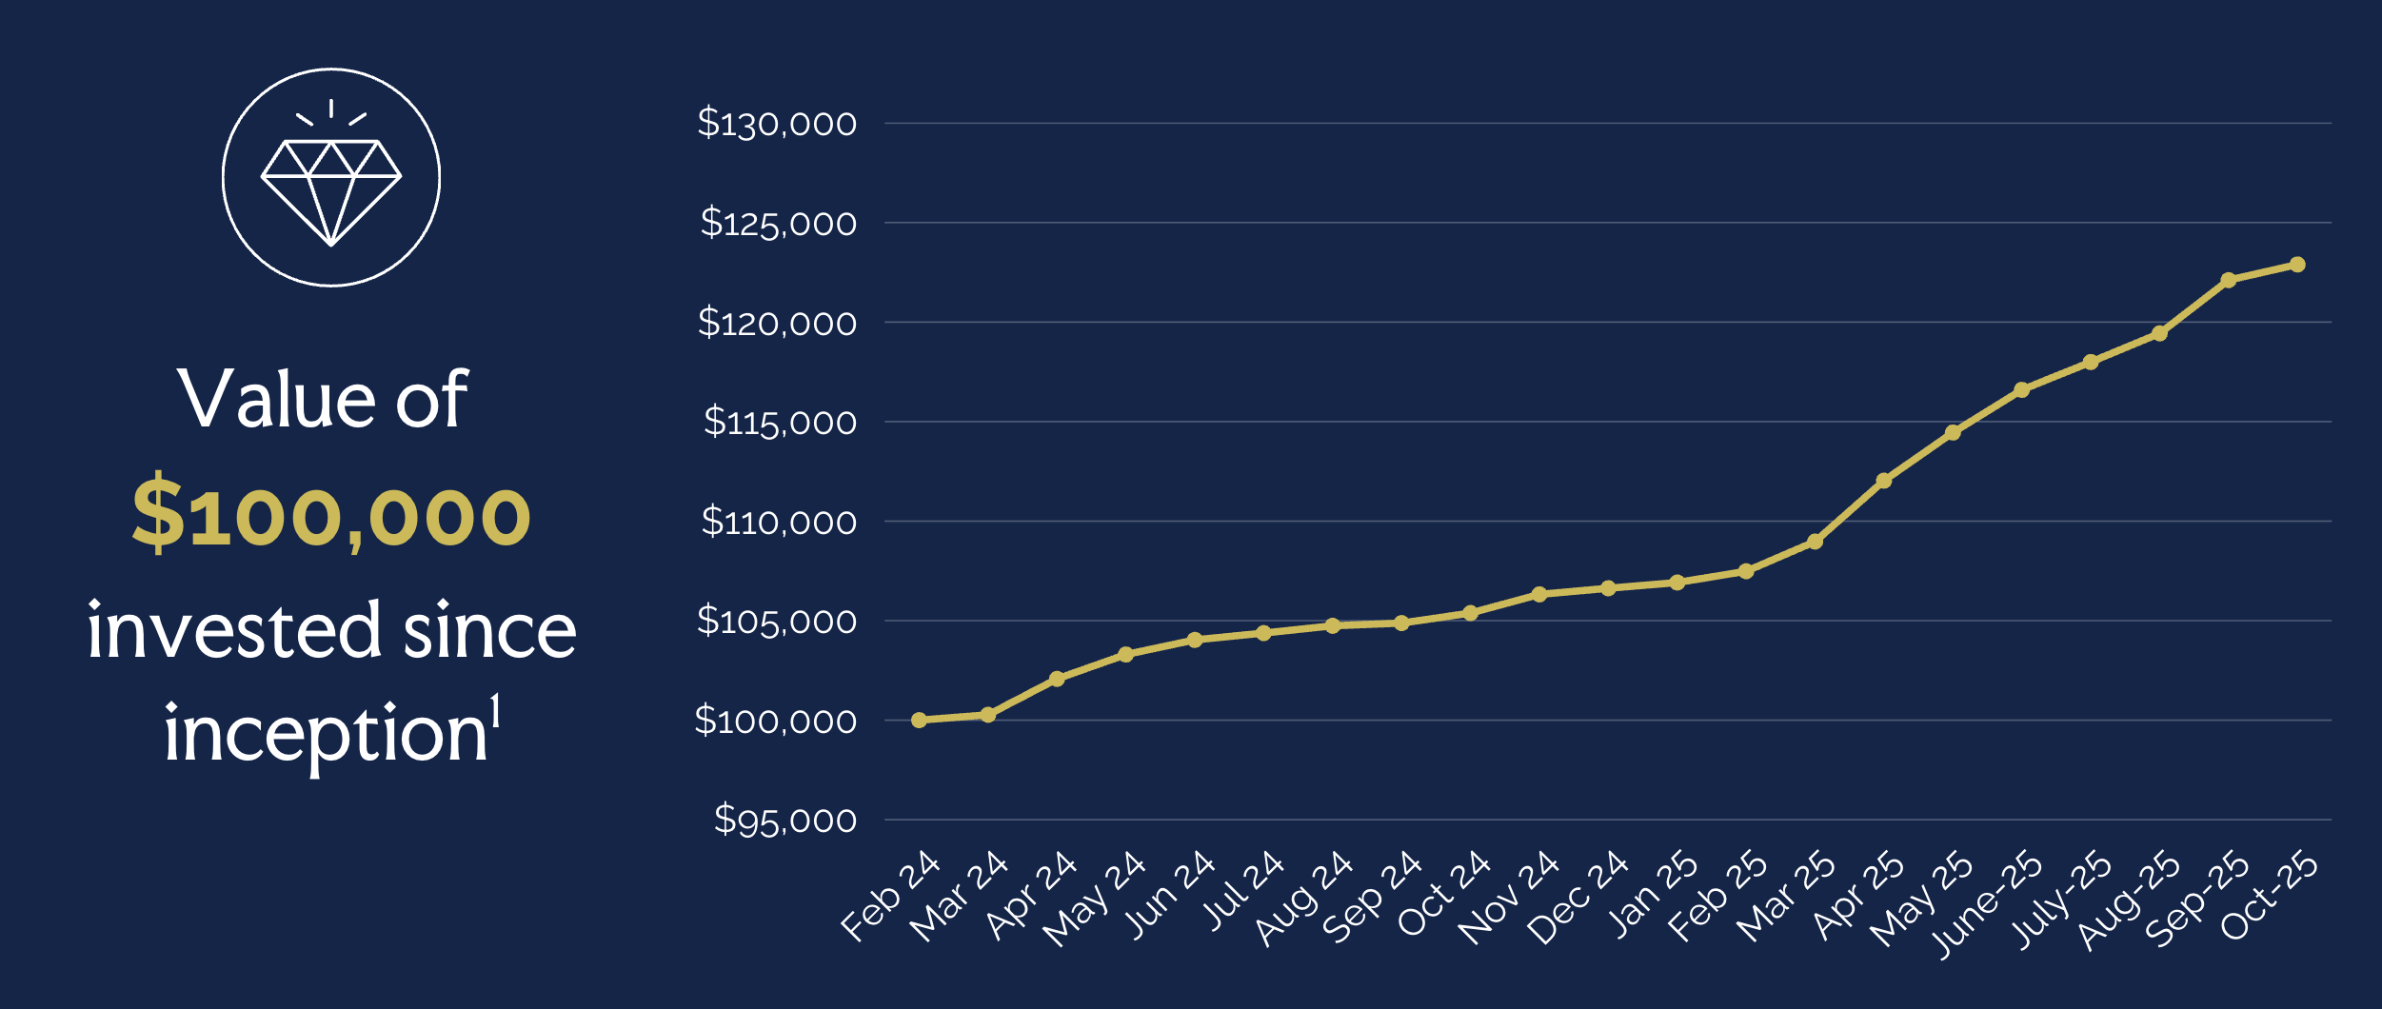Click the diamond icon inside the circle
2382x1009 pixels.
tap(331, 191)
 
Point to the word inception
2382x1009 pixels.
tap(326, 734)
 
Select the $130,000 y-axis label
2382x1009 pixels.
tap(777, 124)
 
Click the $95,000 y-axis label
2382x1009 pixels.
tap(784, 820)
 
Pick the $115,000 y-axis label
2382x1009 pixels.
tap(779, 422)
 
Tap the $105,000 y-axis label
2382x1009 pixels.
tap(777, 621)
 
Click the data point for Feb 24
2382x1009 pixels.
tap(919, 720)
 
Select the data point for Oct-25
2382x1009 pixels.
tap(2297, 265)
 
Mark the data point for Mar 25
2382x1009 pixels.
tap(1815, 542)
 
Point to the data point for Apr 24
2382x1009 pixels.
tap(1057, 679)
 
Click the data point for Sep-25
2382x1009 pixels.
tap(2228, 280)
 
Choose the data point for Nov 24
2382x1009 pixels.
tap(1539, 594)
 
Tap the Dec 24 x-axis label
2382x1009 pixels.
tap(1578, 897)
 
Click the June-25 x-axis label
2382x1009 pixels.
tap(1987, 903)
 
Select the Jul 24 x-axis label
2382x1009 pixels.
tap(1242, 890)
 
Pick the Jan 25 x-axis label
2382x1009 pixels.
tap(1653, 893)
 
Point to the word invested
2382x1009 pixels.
tap(234, 631)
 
